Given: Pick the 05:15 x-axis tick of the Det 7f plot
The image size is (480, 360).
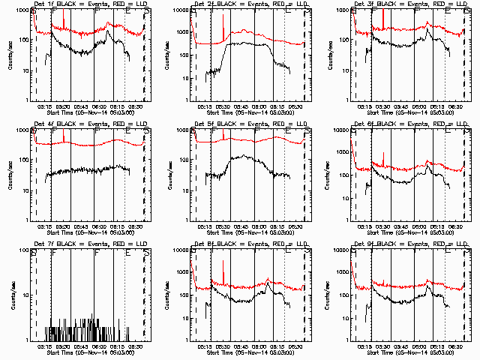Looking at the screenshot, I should point(43,346).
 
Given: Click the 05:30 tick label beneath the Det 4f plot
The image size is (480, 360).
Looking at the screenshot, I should point(63,226).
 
